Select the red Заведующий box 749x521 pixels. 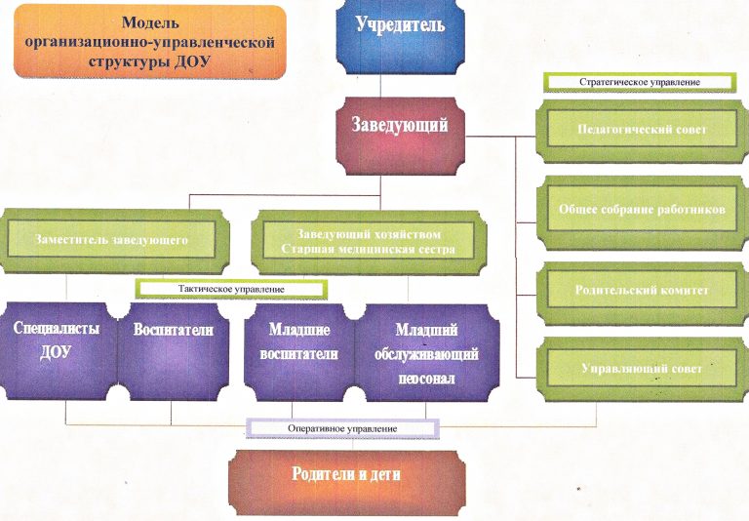(400, 136)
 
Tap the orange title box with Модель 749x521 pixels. (150, 42)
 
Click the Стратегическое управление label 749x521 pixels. (640, 82)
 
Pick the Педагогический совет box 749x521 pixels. (642, 131)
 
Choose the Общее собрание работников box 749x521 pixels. (642, 212)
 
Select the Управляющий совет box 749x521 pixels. (642, 370)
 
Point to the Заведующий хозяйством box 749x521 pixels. (369, 243)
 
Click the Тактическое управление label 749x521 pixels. (231, 289)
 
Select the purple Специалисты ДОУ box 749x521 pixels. (57, 351)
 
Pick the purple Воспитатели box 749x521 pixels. (173, 351)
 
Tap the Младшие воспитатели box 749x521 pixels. (299, 353)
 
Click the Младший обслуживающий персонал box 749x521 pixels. (427, 353)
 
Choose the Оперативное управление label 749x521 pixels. (342, 428)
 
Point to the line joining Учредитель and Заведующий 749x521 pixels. (380, 86)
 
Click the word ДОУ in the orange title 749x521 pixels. (192, 62)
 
